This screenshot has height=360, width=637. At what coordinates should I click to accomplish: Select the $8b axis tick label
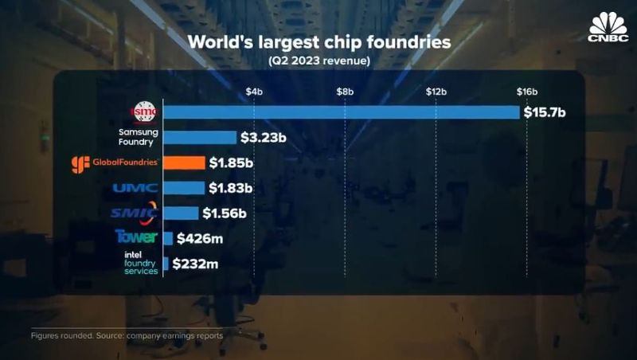344,92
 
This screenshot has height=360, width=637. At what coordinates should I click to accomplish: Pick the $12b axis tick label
436,92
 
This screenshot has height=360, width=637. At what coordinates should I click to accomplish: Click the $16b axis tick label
527,92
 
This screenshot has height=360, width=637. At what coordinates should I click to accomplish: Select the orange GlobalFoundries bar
184,163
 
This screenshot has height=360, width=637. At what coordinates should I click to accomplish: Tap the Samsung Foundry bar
200,138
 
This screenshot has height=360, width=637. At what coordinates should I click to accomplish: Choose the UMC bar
184,188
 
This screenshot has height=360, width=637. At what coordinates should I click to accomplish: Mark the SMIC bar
181,213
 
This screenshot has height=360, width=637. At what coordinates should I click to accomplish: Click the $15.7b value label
545,112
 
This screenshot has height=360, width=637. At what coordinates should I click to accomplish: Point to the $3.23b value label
264,138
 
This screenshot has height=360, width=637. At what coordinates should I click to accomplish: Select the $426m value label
197,237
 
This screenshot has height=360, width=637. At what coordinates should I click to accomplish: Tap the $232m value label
193,263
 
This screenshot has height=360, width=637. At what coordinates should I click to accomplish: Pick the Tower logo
136,237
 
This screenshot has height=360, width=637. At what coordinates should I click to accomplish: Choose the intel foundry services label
141,263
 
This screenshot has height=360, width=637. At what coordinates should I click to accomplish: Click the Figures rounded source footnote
127,335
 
